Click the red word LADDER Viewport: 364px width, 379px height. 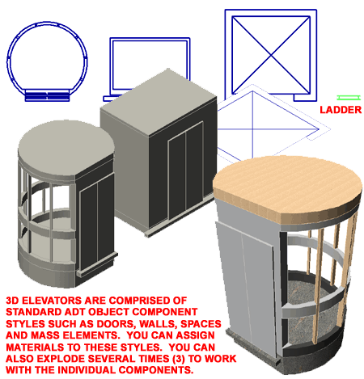tap(341, 110)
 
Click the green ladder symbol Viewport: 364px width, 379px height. tap(349, 98)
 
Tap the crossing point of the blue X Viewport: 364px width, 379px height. tap(271, 55)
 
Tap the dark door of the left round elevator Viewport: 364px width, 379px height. tap(96, 221)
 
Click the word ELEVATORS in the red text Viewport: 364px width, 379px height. tap(52, 301)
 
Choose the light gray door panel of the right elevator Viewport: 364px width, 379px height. tap(244, 280)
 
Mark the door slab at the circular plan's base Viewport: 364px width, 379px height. tap(47, 95)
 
